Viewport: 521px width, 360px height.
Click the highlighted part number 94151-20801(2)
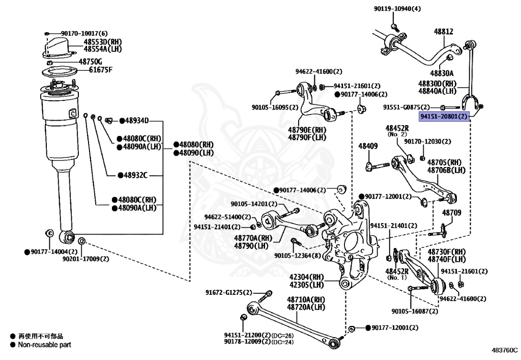click(x=444, y=116)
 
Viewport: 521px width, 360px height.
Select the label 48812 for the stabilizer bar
click(x=444, y=32)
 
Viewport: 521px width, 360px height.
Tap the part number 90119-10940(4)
click(x=397, y=9)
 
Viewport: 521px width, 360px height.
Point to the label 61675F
click(x=101, y=70)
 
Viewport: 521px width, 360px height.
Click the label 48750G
click(x=91, y=62)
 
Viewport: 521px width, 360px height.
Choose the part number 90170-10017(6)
click(x=84, y=33)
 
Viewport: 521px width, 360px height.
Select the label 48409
click(x=368, y=146)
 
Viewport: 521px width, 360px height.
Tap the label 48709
click(x=451, y=212)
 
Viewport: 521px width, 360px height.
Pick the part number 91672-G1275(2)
click(x=228, y=292)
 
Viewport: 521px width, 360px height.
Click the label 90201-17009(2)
click(x=85, y=259)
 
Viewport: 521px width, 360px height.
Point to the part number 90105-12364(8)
click(x=298, y=255)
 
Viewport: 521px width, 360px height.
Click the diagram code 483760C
click(x=505, y=350)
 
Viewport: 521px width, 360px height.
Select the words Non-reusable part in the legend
click(x=45, y=345)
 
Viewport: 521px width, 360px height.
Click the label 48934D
click(x=136, y=121)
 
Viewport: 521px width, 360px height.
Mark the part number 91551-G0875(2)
click(x=407, y=107)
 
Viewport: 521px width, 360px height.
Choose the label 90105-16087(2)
click(x=415, y=311)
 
